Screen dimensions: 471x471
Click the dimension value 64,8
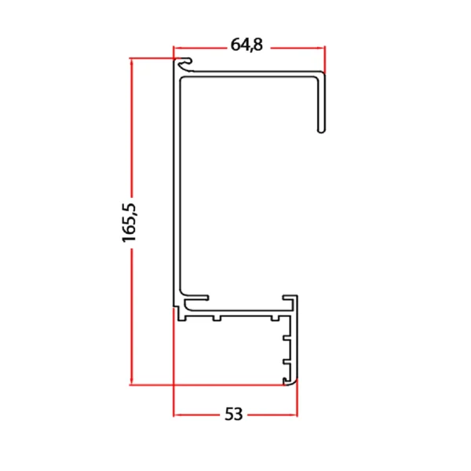(246, 46)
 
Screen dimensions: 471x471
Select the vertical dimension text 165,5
(130, 222)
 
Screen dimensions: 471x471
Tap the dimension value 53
(233, 414)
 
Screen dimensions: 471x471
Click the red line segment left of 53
(196, 414)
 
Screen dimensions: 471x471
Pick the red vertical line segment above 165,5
(131, 126)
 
